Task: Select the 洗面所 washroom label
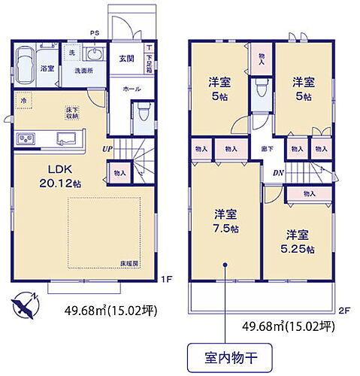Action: pyautogui.click(x=83, y=71)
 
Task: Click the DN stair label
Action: pyautogui.click(x=277, y=173)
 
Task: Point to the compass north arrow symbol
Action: pyautogui.click(x=25, y=305)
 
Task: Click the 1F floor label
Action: pyautogui.click(x=168, y=279)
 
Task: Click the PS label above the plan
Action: pyautogui.click(x=95, y=33)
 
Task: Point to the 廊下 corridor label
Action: pyautogui.click(x=266, y=150)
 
